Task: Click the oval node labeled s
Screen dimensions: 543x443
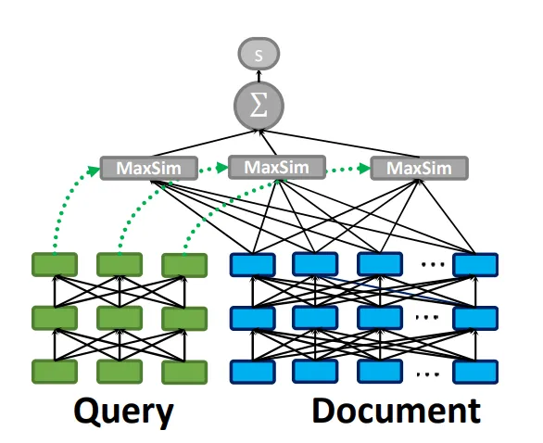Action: pyautogui.click(x=259, y=54)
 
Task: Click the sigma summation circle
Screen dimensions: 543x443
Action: pyautogui.click(x=259, y=106)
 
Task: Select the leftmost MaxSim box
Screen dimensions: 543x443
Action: pyautogui.click(x=149, y=168)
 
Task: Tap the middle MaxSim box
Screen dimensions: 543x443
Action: pyautogui.click(x=277, y=168)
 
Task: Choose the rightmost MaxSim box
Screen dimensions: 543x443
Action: pyautogui.click(x=420, y=169)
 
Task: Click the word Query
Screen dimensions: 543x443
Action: pyautogui.click(x=123, y=411)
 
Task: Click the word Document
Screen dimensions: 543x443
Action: pyautogui.click(x=397, y=411)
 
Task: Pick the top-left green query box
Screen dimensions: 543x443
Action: pyautogui.click(x=55, y=265)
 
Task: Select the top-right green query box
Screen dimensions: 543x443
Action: pyautogui.click(x=184, y=265)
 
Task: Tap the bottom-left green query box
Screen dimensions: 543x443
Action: pyautogui.click(x=55, y=372)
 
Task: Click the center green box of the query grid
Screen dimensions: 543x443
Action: pyautogui.click(x=120, y=318)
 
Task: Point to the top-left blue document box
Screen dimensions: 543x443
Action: pyautogui.click(x=253, y=265)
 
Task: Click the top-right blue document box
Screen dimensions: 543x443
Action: pyautogui.click(x=475, y=265)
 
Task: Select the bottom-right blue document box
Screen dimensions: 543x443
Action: pyautogui.click(x=475, y=372)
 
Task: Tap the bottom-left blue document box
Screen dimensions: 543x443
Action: pyautogui.click(x=253, y=372)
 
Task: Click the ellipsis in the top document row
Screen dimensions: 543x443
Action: pyautogui.click(x=433, y=265)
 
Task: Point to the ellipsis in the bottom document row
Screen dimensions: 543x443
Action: pyautogui.click(x=428, y=374)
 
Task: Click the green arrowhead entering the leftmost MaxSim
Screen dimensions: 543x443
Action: pyautogui.click(x=94, y=171)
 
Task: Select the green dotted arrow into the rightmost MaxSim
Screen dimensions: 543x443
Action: pyautogui.click(x=348, y=169)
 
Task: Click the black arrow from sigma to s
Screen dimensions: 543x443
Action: pyautogui.click(x=259, y=76)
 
